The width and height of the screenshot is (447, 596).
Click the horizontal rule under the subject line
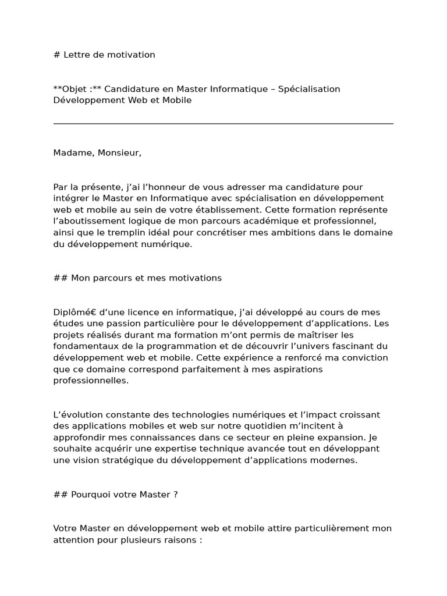click(223, 123)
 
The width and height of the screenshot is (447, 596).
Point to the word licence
click(130, 313)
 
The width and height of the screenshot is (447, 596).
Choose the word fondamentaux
click(83, 346)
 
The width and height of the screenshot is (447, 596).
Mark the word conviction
click(366, 358)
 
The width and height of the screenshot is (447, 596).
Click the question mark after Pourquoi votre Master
click(175, 495)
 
